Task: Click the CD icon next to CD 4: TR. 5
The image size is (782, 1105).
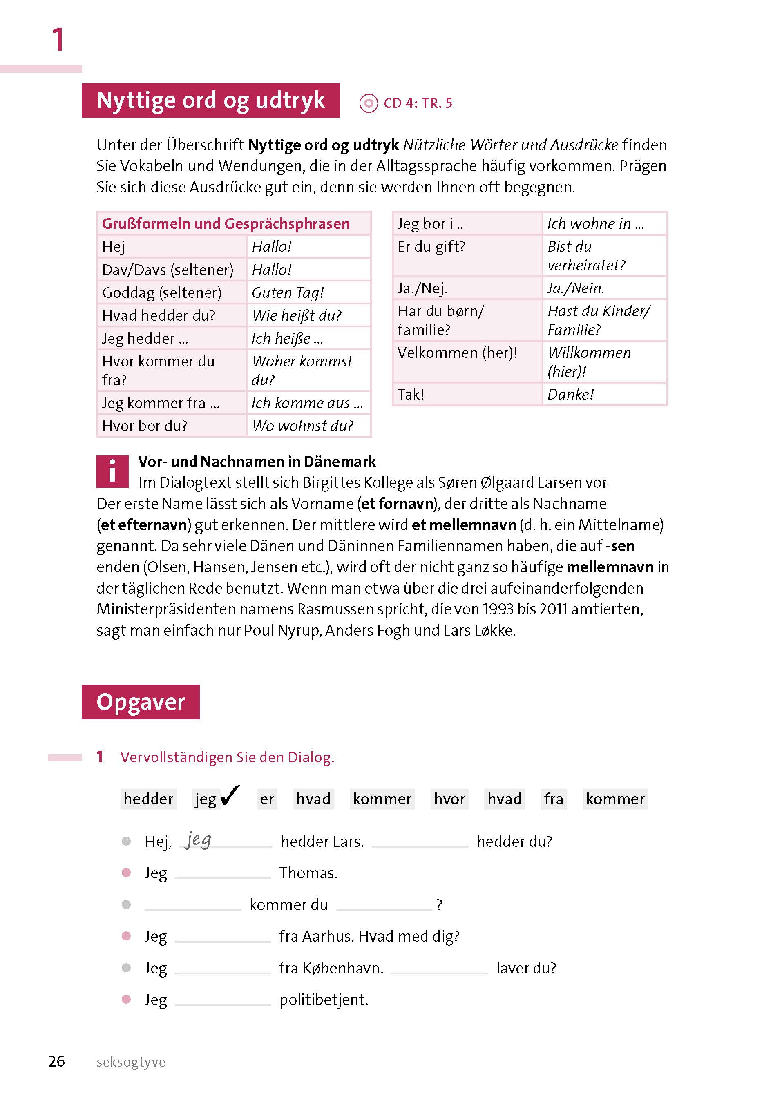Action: [x=369, y=103]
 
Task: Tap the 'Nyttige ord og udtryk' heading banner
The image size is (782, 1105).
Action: [x=210, y=100]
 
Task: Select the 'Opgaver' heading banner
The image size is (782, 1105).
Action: [x=141, y=702]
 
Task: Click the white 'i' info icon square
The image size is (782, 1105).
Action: [x=112, y=471]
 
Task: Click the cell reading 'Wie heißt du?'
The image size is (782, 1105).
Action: [x=308, y=315]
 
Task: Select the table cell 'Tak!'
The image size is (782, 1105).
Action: [x=467, y=394]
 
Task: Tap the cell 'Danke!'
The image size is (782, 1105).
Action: [x=604, y=394]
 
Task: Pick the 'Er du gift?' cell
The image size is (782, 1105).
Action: [x=467, y=256]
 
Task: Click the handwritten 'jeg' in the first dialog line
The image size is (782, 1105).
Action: [x=198, y=840]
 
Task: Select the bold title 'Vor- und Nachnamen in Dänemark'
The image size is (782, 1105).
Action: [x=257, y=462]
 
